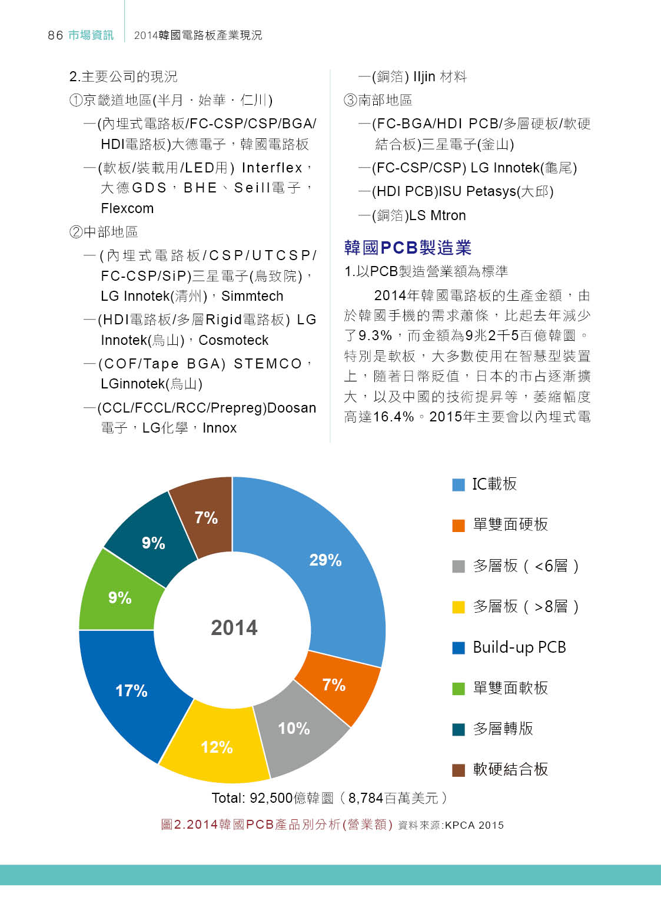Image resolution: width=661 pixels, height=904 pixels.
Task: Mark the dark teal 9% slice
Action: pyautogui.click(x=153, y=542)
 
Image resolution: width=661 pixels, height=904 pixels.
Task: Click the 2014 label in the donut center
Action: pyautogui.click(x=234, y=628)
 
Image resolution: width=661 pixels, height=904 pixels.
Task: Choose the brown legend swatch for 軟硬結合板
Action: pyautogui.click(x=459, y=770)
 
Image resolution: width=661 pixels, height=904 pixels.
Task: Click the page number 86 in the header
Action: pyautogui.click(x=55, y=35)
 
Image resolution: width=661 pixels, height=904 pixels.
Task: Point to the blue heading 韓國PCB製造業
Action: pyautogui.click(x=408, y=248)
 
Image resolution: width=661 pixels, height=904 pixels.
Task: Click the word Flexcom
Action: pyautogui.click(x=127, y=208)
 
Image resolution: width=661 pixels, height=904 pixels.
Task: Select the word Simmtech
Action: pyautogui.click(x=253, y=296)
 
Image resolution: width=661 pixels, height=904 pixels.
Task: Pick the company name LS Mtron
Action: pyautogui.click(x=437, y=215)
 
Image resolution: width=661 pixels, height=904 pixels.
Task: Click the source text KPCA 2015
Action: pyautogui.click(x=474, y=825)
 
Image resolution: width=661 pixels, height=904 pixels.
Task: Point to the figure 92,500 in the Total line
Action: pyautogui.click(x=271, y=798)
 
